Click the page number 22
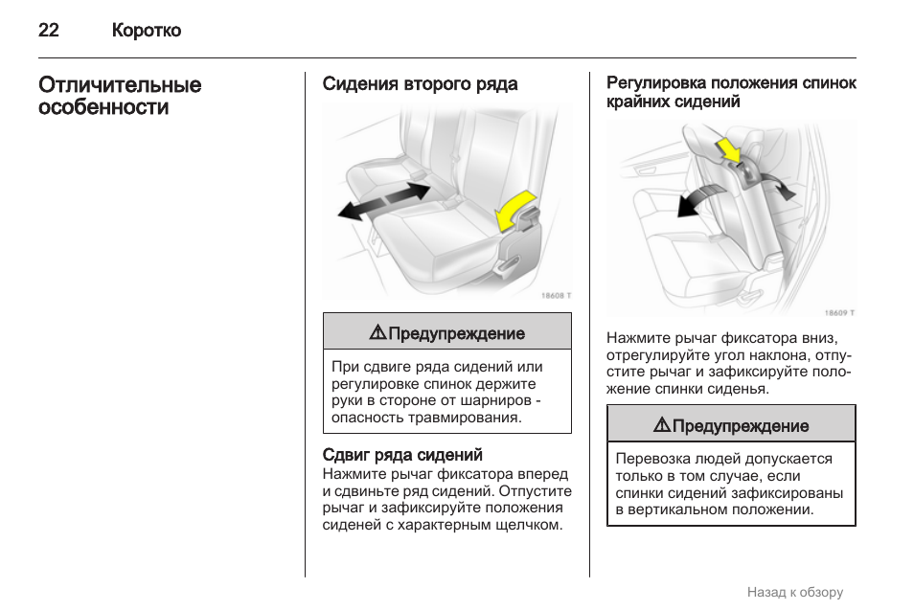coord(49,31)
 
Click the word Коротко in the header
coord(146,31)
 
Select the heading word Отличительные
coord(120,85)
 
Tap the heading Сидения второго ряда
coord(420,84)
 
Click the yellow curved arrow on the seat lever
coord(514,209)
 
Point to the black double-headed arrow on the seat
coord(383,200)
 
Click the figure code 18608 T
coord(555,296)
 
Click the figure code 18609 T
coord(839,312)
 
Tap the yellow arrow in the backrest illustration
coord(728,149)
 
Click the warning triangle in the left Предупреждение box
coord(377,333)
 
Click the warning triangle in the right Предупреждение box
coord(661,425)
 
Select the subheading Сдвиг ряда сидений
coord(402,455)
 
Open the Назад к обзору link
coord(794,592)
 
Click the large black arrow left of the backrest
coord(697,200)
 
